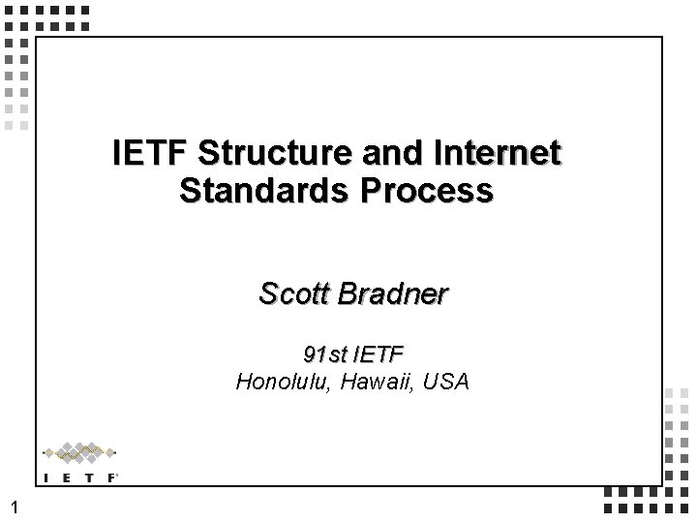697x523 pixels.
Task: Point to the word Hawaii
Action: point(373,381)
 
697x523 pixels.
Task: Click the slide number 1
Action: point(12,506)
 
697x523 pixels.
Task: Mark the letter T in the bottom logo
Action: point(89,477)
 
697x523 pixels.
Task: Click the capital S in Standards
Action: point(190,189)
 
